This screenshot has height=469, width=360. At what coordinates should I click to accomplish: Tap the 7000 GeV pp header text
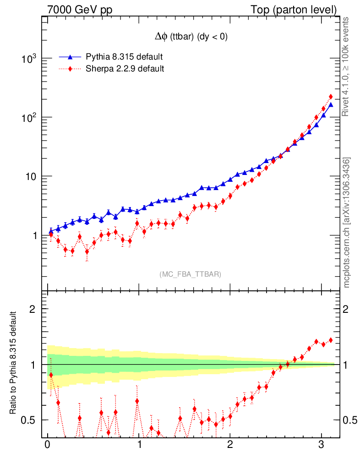click(x=80, y=10)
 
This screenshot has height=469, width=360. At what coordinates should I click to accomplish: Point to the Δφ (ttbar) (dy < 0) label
click(x=191, y=38)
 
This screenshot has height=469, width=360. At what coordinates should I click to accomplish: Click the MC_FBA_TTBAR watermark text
click(x=191, y=274)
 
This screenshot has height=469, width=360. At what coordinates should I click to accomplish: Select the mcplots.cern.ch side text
click(x=347, y=223)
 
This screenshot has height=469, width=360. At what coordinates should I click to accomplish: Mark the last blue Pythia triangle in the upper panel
click(x=331, y=105)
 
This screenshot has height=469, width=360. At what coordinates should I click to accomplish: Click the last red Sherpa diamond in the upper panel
click(x=331, y=97)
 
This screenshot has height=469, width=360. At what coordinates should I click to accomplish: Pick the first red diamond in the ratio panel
click(x=51, y=375)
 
